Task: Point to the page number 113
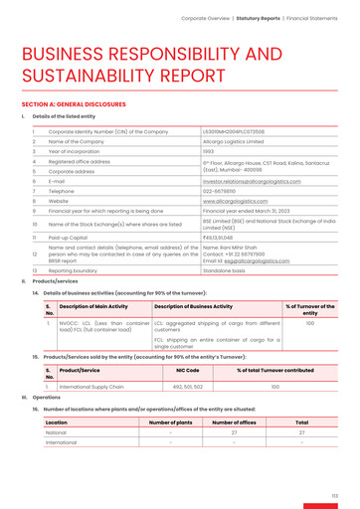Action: click(335, 495)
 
